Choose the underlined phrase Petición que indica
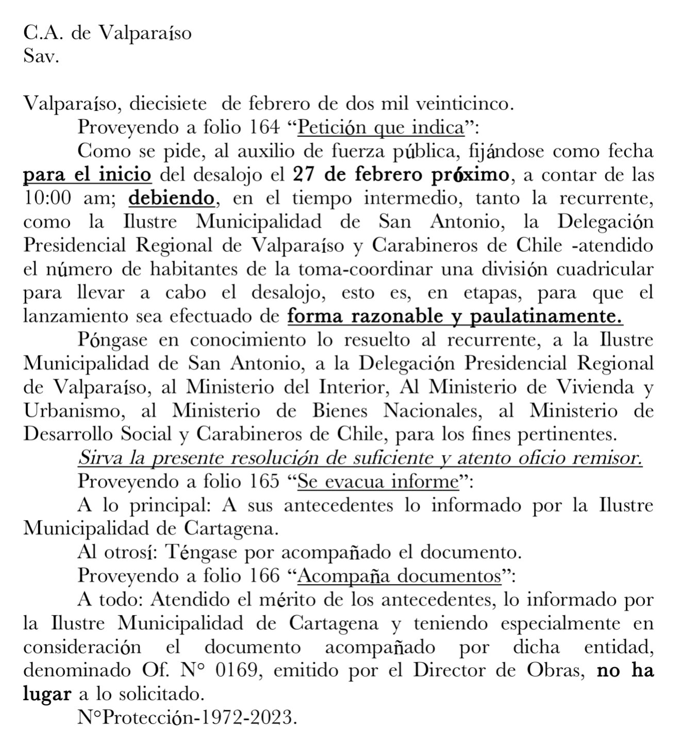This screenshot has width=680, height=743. click(x=382, y=127)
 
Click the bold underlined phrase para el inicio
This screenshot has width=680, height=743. click(x=88, y=174)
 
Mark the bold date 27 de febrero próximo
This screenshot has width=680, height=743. click(x=401, y=174)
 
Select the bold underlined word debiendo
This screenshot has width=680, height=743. click(x=171, y=198)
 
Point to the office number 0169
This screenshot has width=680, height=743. click(x=238, y=671)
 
